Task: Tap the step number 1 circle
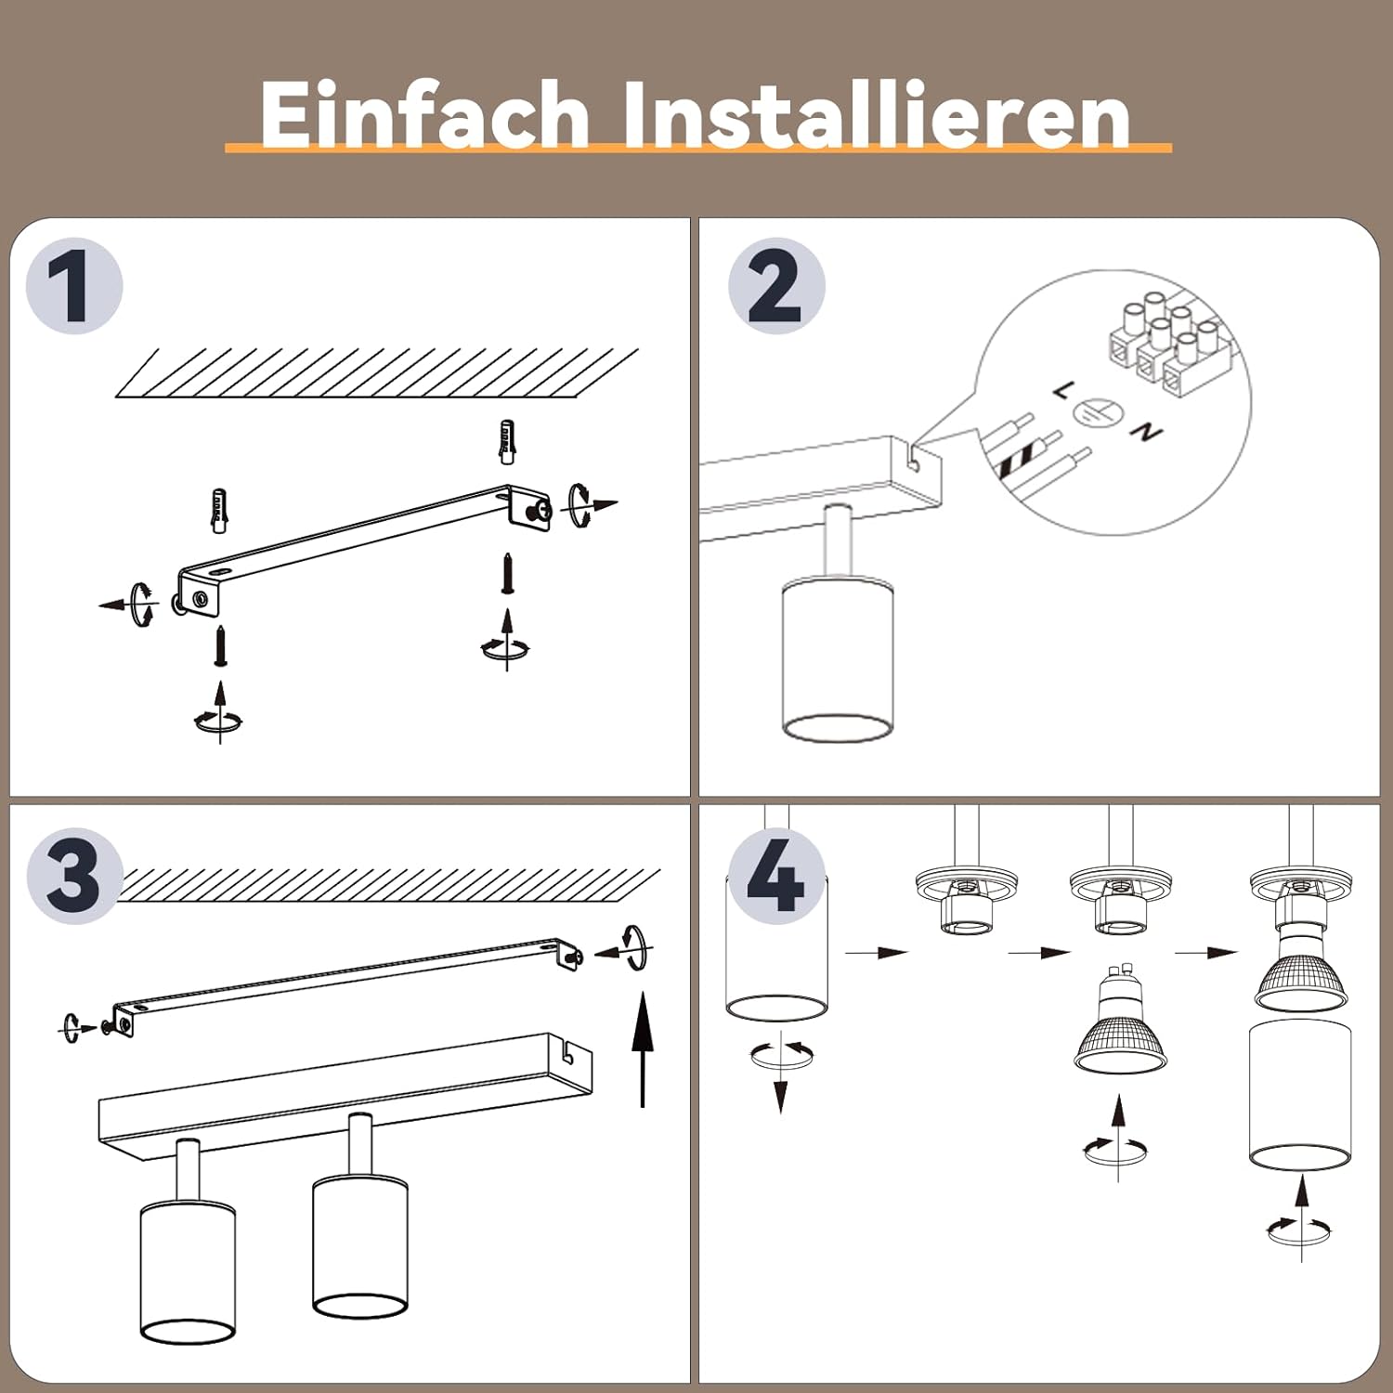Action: click(x=74, y=286)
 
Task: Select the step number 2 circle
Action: click(x=776, y=286)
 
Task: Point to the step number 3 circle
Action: click(x=74, y=876)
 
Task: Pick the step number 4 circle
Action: click(x=776, y=876)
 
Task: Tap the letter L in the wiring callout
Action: click(x=1062, y=391)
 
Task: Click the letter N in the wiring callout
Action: click(x=1148, y=432)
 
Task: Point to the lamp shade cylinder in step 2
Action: click(x=838, y=660)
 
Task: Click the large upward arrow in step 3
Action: click(x=643, y=1049)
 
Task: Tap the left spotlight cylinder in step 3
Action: click(x=188, y=1271)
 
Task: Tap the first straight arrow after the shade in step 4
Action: click(x=876, y=952)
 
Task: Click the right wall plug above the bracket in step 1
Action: click(x=507, y=442)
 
